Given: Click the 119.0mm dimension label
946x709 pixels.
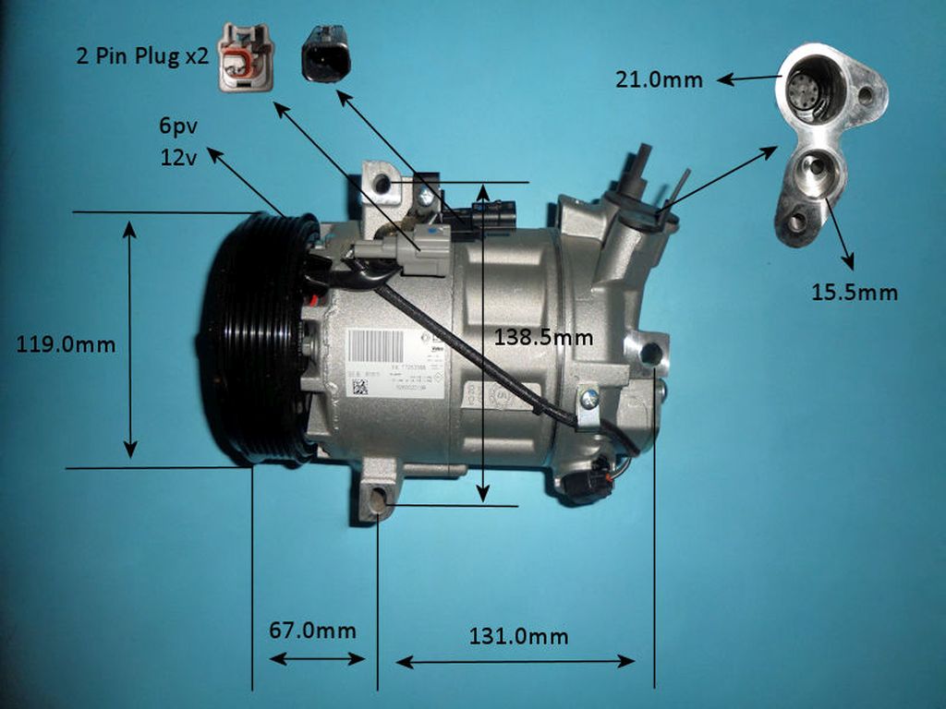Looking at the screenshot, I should tap(67, 345).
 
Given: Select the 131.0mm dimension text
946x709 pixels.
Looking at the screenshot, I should tap(518, 636).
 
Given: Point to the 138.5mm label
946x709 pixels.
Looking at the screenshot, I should tap(543, 337).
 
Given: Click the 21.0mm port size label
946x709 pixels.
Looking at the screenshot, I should tap(659, 80).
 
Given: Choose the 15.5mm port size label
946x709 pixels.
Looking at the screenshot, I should tap(855, 293).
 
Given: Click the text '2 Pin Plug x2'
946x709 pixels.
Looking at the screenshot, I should tap(142, 56).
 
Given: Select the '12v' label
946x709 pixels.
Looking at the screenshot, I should tap(178, 158).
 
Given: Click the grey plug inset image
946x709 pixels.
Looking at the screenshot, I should tap(245, 58).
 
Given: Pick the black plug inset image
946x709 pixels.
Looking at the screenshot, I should tap(324, 54).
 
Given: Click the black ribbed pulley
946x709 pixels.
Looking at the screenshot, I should tap(248, 337).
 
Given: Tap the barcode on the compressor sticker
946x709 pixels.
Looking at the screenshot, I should tap(376, 347).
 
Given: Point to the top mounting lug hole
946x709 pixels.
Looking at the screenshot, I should tap(382, 186).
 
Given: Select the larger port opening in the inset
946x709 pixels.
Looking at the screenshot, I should tap(812, 90).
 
